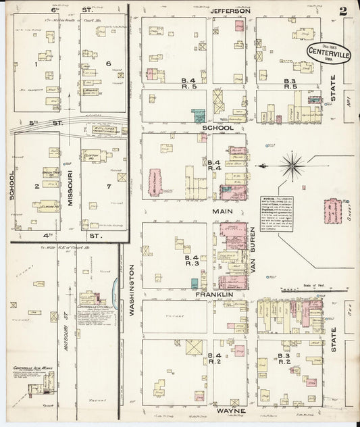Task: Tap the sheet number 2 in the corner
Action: (x=344, y=11)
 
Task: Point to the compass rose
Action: (x=292, y=162)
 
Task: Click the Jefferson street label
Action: (x=230, y=11)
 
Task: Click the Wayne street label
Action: (x=230, y=411)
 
